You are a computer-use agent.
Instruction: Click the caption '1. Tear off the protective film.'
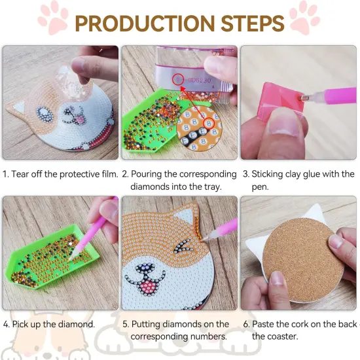click(60, 174)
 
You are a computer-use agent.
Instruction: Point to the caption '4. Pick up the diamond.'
click(49, 324)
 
